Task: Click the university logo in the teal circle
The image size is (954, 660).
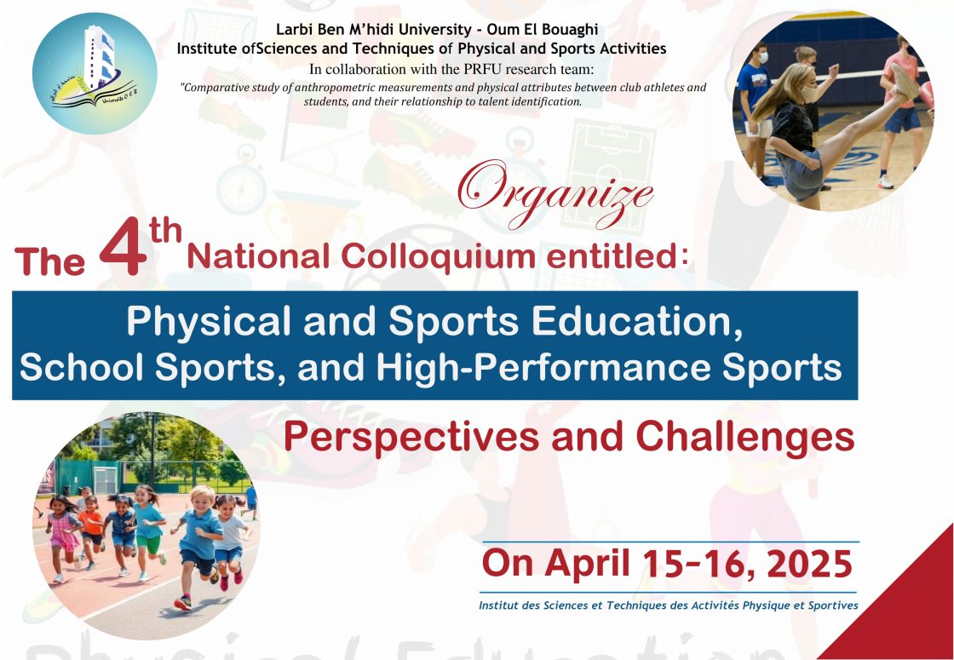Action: (x=95, y=73)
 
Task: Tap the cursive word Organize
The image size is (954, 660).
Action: (x=555, y=192)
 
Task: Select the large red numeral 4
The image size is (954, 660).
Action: (x=124, y=247)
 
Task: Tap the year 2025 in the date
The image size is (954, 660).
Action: (x=809, y=564)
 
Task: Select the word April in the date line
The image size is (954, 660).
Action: (x=589, y=565)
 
